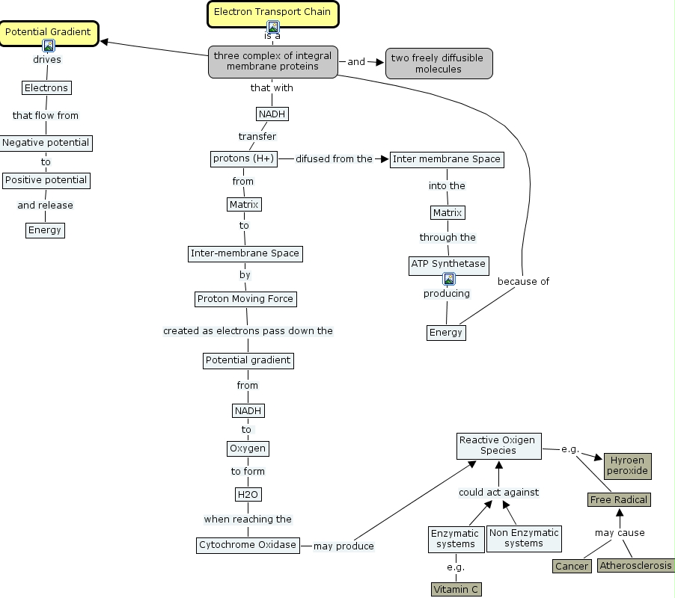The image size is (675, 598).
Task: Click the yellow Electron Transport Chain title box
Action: tap(272, 12)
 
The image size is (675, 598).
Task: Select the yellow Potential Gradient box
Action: tap(48, 32)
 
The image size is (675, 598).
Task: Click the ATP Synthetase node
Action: tap(448, 264)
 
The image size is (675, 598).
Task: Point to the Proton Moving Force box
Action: tap(245, 299)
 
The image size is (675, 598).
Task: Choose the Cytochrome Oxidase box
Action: tap(248, 545)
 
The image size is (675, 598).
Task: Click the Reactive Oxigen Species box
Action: tap(498, 446)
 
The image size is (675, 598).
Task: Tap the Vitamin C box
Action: tap(456, 589)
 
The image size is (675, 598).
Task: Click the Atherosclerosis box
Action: tap(635, 566)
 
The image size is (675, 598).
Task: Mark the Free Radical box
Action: tap(618, 499)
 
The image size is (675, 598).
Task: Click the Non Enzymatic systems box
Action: tap(523, 538)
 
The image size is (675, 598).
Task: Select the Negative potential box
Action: tap(46, 143)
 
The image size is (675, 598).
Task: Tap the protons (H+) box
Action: tap(243, 158)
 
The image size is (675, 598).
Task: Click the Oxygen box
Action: tap(247, 449)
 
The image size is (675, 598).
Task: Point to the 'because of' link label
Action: tap(523, 282)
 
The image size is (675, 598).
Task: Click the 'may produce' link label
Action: tap(343, 546)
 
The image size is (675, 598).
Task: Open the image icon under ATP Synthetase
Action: tap(449, 280)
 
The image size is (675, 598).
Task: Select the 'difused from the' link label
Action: tap(334, 158)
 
